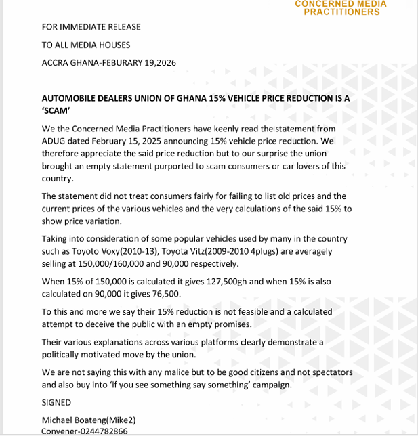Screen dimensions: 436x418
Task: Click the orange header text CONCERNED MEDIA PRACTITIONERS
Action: (x=341, y=7)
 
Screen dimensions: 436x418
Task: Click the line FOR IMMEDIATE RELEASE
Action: (x=91, y=27)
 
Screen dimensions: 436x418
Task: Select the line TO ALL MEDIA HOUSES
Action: (x=86, y=45)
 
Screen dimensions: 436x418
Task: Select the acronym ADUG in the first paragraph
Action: (x=56, y=141)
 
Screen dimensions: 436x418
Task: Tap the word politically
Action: (x=66, y=355)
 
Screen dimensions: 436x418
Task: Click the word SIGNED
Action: (x=56, y=402)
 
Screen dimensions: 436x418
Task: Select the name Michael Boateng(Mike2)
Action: (x=89, y=420)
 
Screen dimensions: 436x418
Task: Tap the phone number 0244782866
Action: (x=105, y=431)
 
